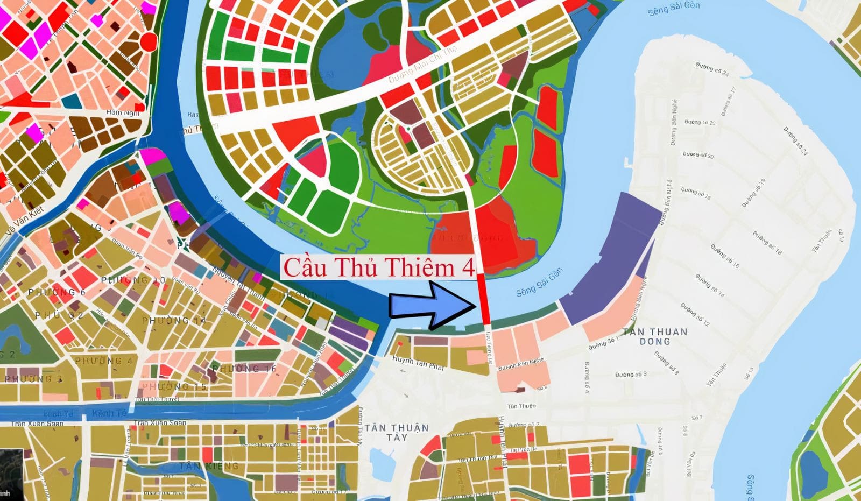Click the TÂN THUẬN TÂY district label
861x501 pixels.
click(397, 432)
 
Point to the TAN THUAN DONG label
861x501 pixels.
click(655, 336)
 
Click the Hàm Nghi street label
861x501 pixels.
click(122, 112)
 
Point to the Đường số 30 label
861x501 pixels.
click(698, 156)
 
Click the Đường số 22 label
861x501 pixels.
click(700, 123)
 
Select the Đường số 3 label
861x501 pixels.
click(631, 374)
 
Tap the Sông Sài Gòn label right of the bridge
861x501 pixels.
click(539, 283)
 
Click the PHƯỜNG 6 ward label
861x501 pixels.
click(57, 292)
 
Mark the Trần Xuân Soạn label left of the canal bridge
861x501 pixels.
click(38, 424)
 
